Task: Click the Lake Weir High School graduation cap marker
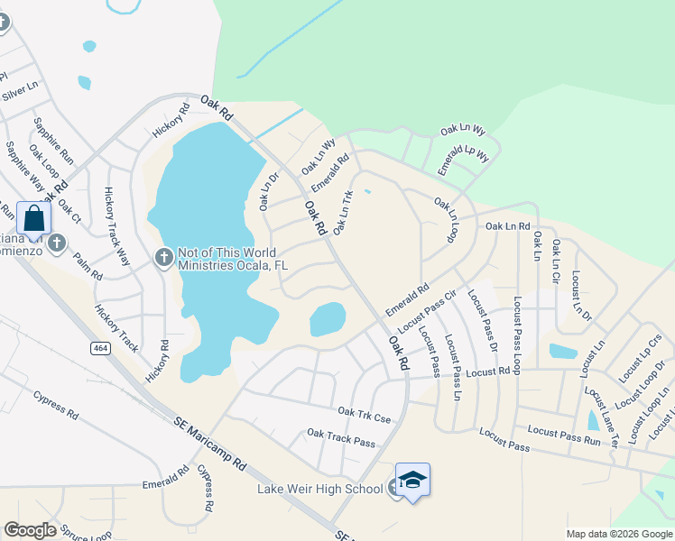point(412,479)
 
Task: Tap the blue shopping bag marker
point(33,218)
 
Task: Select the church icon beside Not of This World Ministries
point(163,258)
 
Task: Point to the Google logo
point(30,530)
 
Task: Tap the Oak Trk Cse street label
point(365,414)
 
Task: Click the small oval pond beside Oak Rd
point(328,317)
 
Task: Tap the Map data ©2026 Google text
point(617,534)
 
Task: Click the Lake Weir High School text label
point(319,490)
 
